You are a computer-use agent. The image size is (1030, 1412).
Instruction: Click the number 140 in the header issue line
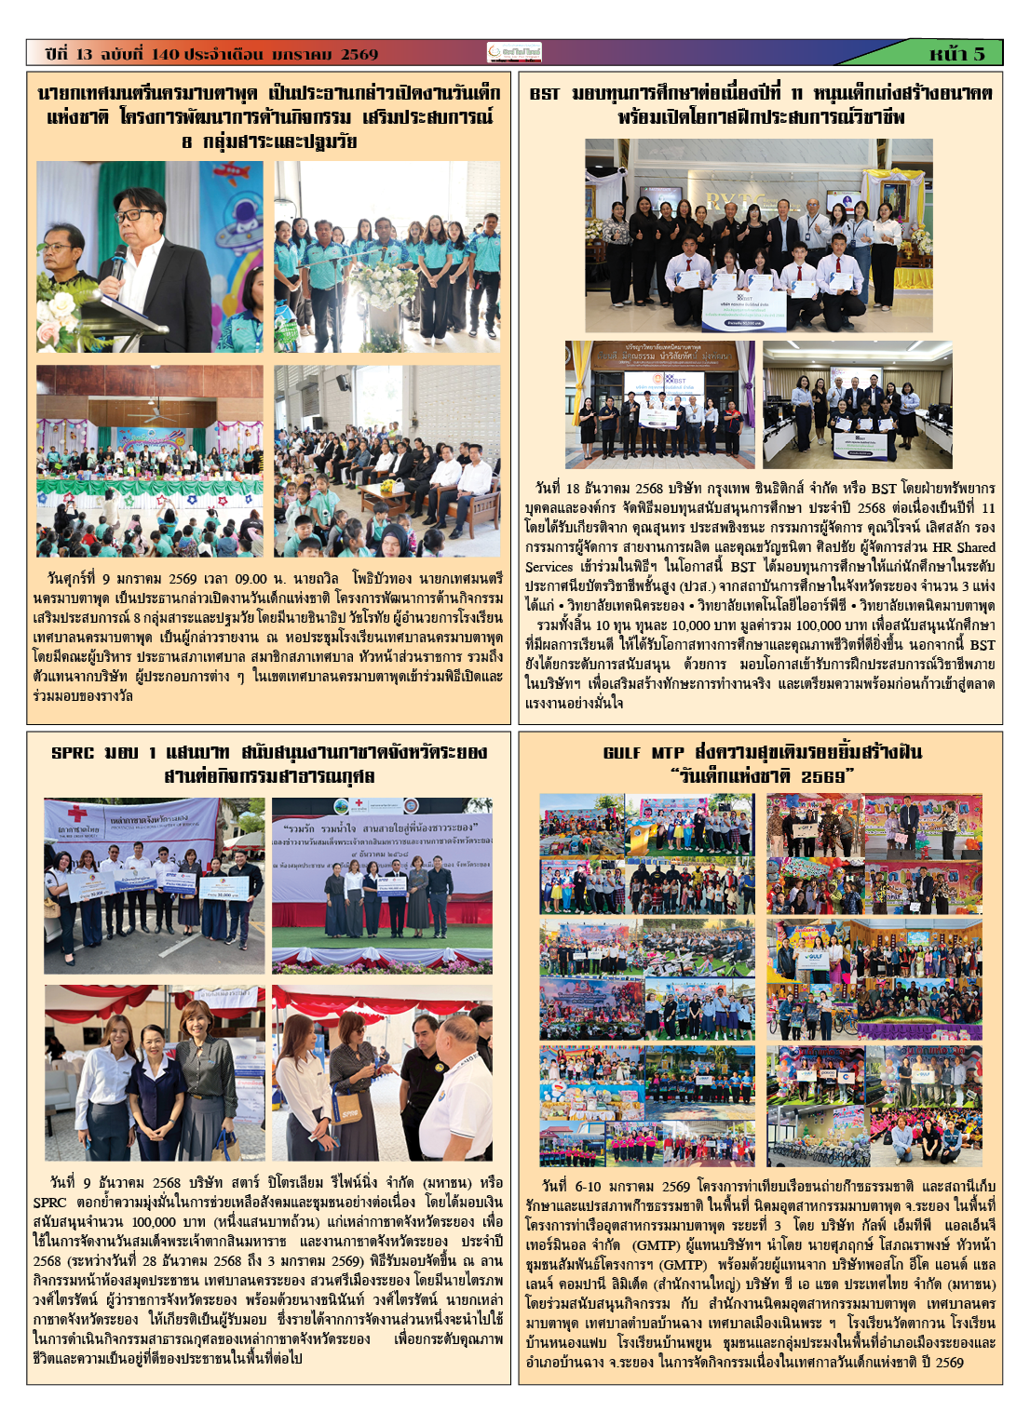point(164,54)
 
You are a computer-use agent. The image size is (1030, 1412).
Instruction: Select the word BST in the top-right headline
point(545,94)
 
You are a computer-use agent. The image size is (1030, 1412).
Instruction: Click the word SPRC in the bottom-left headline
point(73,752)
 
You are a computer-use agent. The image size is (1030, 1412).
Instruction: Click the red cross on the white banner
point(58,811)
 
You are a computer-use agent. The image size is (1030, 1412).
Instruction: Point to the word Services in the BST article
point(549,566)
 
